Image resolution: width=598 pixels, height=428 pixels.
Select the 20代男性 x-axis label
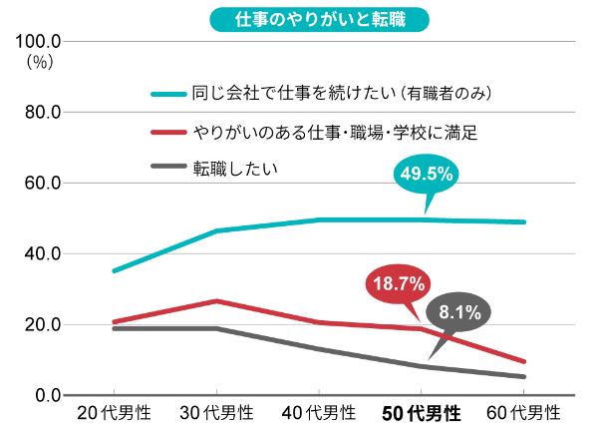(x=113, y=413)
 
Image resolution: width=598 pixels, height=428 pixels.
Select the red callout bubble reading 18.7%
(x=399, y=284)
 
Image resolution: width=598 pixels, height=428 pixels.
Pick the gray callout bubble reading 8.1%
(x=458, y=312)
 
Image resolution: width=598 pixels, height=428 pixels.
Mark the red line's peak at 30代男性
(x=217, y=300)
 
